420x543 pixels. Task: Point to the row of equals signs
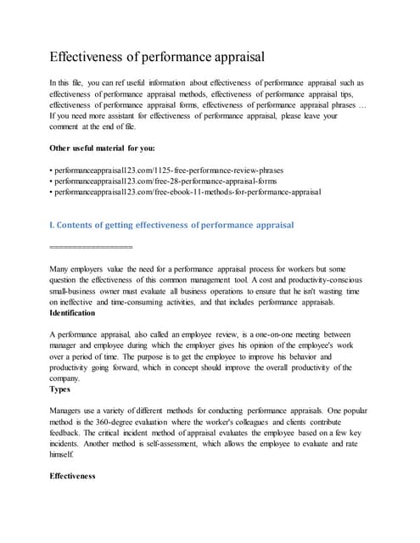(92, 247)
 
